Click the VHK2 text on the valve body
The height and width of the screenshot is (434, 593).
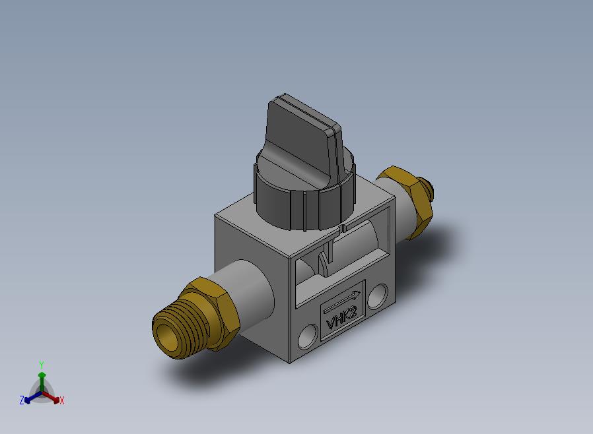[341, 319]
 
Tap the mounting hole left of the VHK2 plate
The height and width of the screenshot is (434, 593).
[308, 336]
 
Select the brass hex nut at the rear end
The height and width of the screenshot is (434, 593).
[407, 201]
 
